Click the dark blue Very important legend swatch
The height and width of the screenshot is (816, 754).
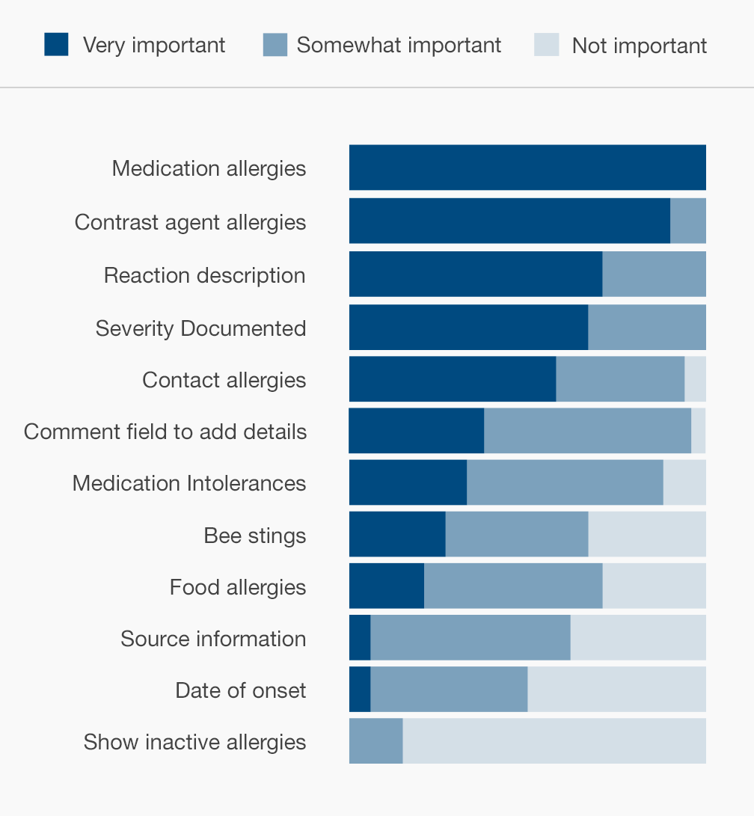pyautogui.click(x=57, y=44)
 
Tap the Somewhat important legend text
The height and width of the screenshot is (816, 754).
pyautogui.click(x=399, y=45)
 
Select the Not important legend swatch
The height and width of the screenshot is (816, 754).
pyautogui.click(x=547, y=45)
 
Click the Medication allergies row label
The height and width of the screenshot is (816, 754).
pyautogui.click(x=209, y=168)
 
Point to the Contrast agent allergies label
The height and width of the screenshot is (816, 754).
pyautogui.click(x=190, y=222)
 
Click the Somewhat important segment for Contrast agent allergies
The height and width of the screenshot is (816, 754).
pyautogui.click(x=688, y=221)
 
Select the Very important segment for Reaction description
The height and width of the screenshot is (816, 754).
pyautogui.click(x=476, y=274)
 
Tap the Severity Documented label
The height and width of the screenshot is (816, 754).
pyautogui.click(x=200, y=328)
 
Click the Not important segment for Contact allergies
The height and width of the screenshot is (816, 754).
pyautogui.click(x=696, y=379)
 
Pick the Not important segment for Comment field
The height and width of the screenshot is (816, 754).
pyautogui.click(x=699, y=431)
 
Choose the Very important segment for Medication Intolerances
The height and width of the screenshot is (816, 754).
pyautogui.click(x=408, y=482)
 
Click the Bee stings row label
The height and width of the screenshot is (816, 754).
pyautogui.click(x=255, y=536)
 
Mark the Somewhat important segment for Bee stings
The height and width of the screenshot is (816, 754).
pyautogui.click(x=517, y=534)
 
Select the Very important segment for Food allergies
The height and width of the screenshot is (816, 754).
pyautogui.click(x=387, y=586)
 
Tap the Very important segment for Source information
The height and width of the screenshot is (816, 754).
pyautogui.click(x=360, y=637)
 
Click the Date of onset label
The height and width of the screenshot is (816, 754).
pyautogui.click(x=241, y=690)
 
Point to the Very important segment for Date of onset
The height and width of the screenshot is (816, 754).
pyautogui.click(x=360, y=689)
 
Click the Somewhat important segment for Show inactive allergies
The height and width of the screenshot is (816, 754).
pyautogui.click(x=376, y=740)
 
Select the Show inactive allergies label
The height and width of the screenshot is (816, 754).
pyautogui.click(x=194, y=742)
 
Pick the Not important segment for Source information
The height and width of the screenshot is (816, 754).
pyautogui.click(x=638, y=637)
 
